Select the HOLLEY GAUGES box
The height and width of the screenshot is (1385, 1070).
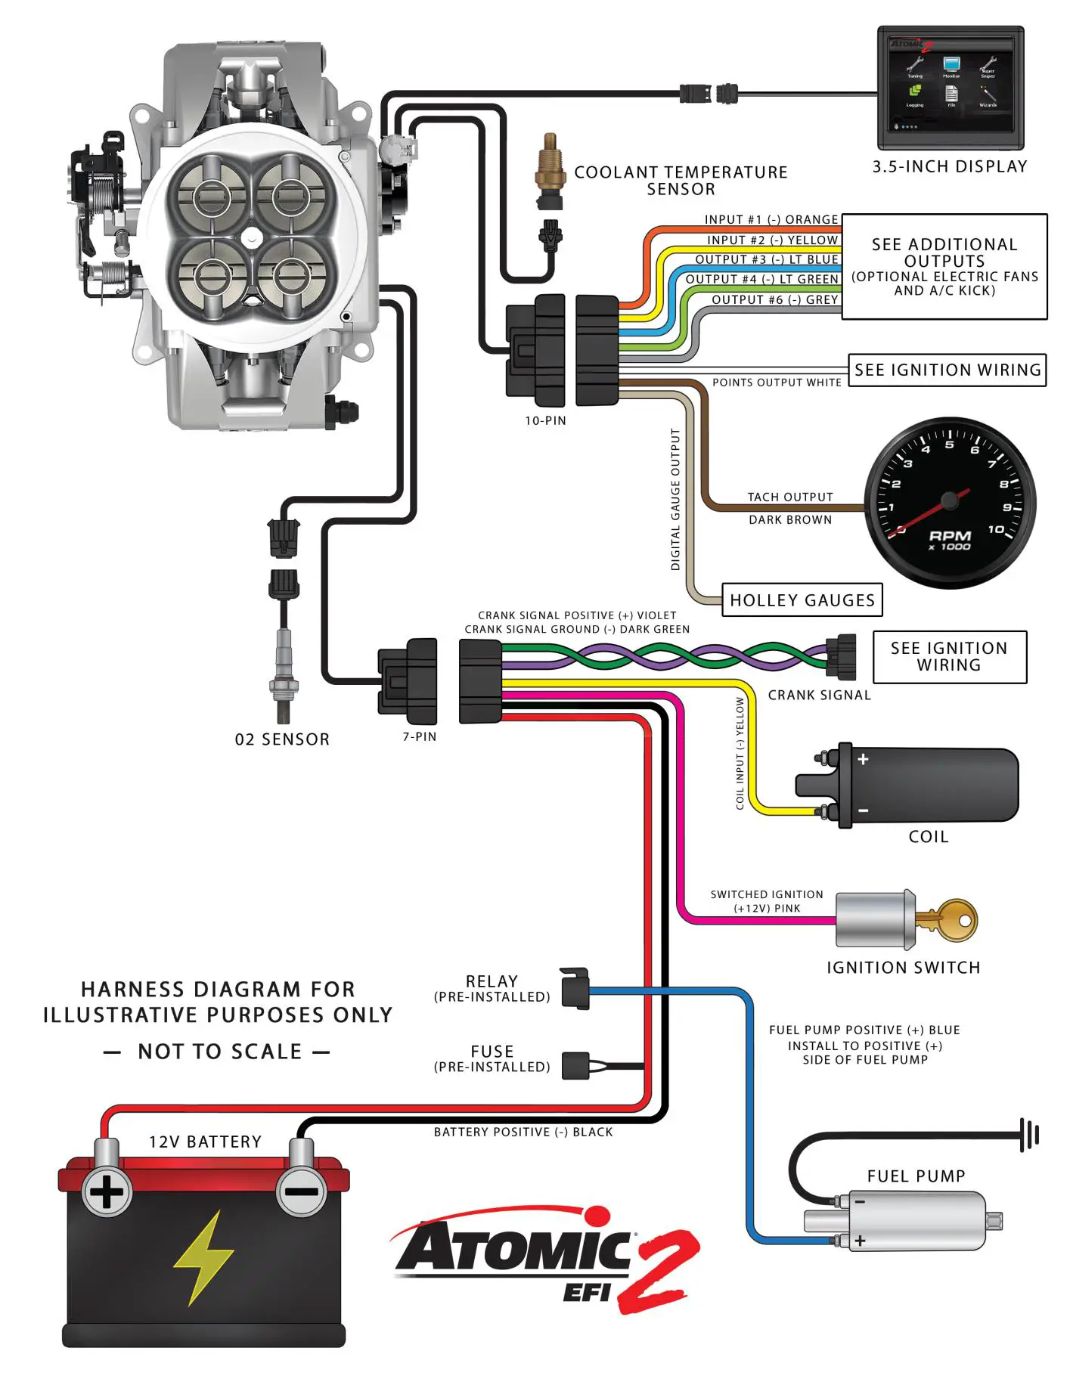(x=802, y=600)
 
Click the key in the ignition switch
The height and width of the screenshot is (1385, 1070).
(x=950, y=919)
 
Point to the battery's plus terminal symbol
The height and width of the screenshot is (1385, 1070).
(x=107, y=1192)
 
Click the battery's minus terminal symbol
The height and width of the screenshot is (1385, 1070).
(x=302, y=1192)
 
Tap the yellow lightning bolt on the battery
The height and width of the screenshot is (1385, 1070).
(x=202, y=1258)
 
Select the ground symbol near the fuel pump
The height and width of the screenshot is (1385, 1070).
(x=1030, y=1135)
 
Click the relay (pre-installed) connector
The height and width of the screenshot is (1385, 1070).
(x=575, y=988)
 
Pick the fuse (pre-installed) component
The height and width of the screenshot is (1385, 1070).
(x=576, y=1065)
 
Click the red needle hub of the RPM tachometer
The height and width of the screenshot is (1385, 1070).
(x=948, y=500)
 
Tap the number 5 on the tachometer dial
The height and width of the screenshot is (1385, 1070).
(x=950, y=445)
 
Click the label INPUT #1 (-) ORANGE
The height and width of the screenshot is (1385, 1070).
(x=771, y=219)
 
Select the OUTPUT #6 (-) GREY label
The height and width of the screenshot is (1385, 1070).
(x=775, y=299)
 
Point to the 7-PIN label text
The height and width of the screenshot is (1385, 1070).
(x=420, y=736)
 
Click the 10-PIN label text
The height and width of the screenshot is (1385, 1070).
(x=545, y=420)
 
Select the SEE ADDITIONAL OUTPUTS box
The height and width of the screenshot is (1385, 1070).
(x=944, y=266)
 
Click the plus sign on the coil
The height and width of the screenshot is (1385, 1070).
(x=863, y=758)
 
